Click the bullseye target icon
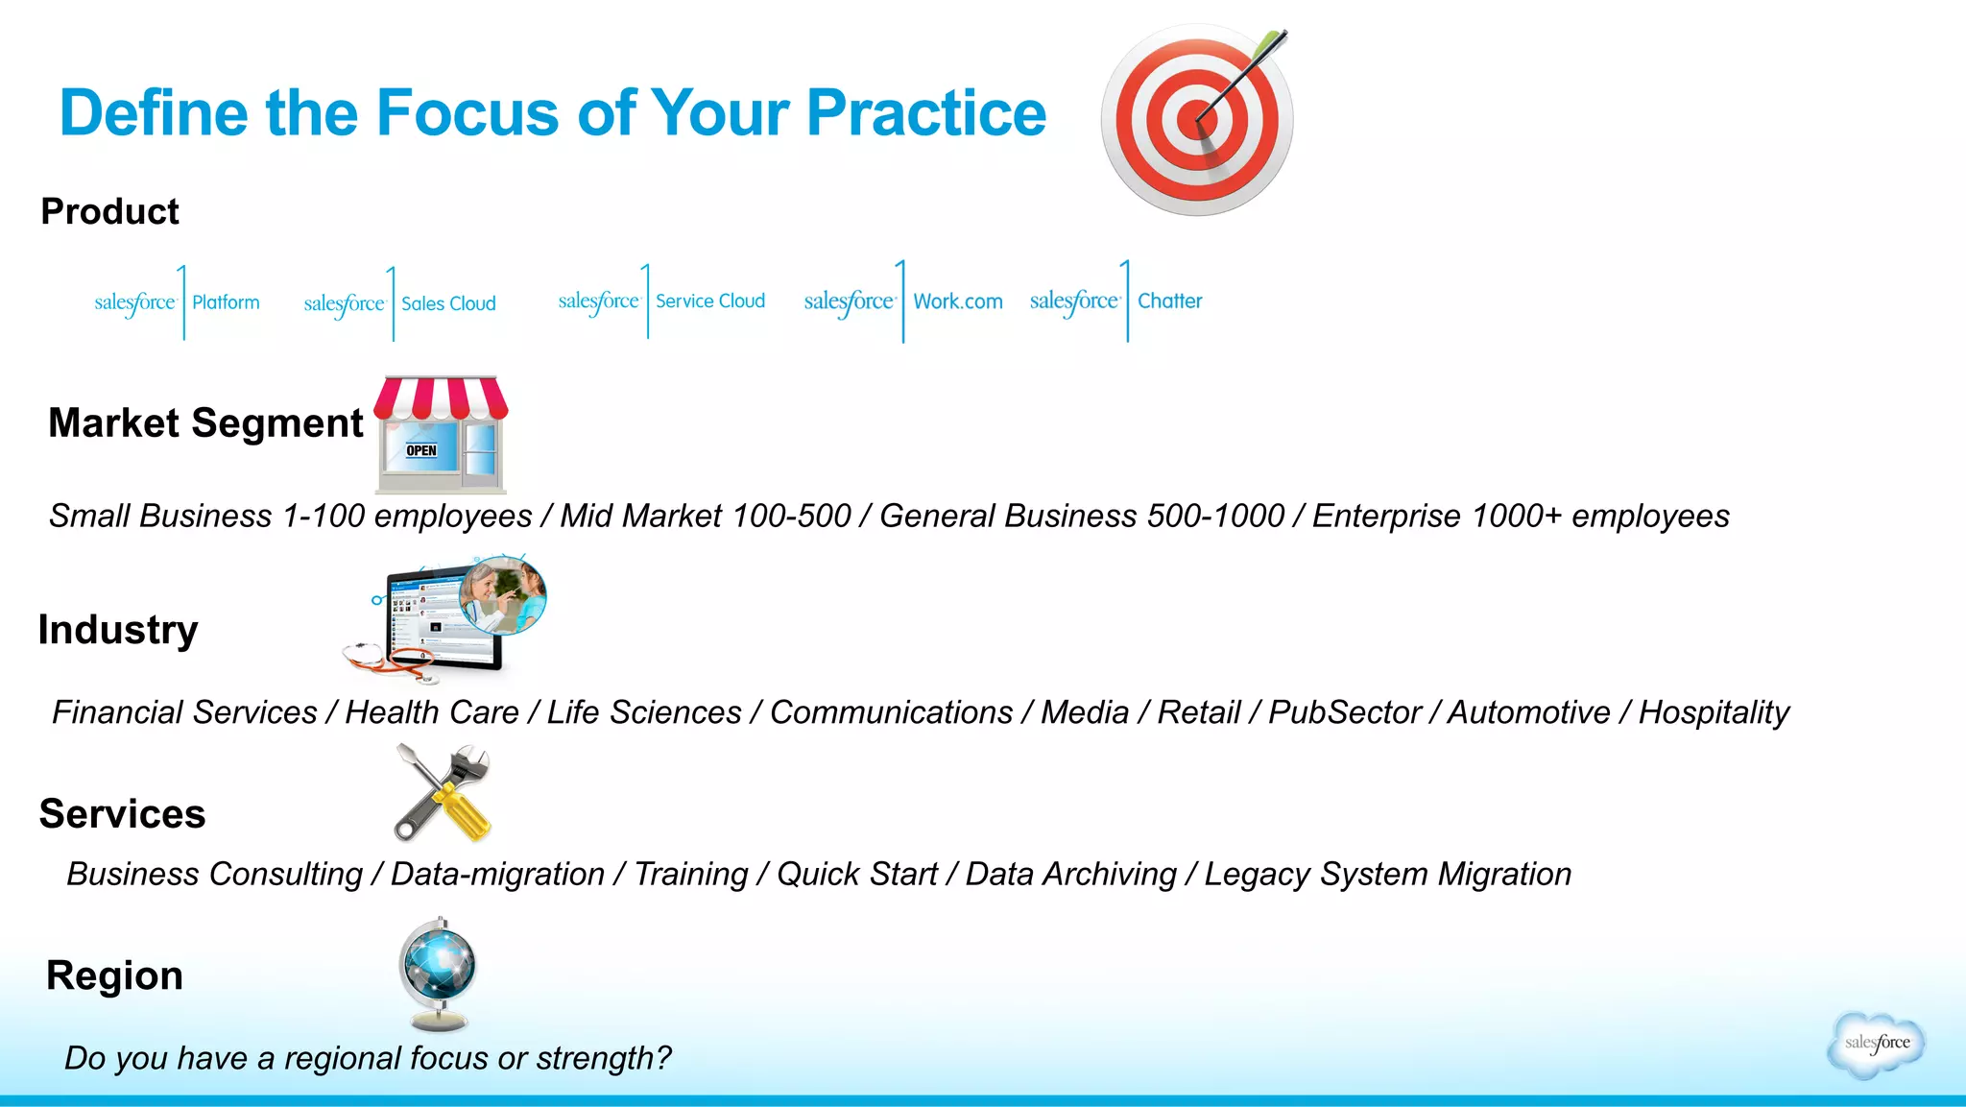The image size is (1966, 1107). (1196, 120)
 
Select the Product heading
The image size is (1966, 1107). (109, 211)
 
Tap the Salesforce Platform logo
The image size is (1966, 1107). (178, 302)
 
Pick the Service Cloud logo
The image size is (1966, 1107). (662, 301)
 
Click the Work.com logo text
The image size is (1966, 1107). (957, 301)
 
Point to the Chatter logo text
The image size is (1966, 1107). (1169, 301)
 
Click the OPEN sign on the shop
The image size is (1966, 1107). (420, 450)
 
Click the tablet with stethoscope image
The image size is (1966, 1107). (444, 619)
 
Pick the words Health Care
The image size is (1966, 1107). (432, 712)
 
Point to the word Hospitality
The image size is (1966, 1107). (1714, 712)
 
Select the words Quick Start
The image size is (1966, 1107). (856, 875)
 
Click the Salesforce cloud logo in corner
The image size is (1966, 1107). (1876, 1044)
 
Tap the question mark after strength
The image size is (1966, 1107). (662, 1058)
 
